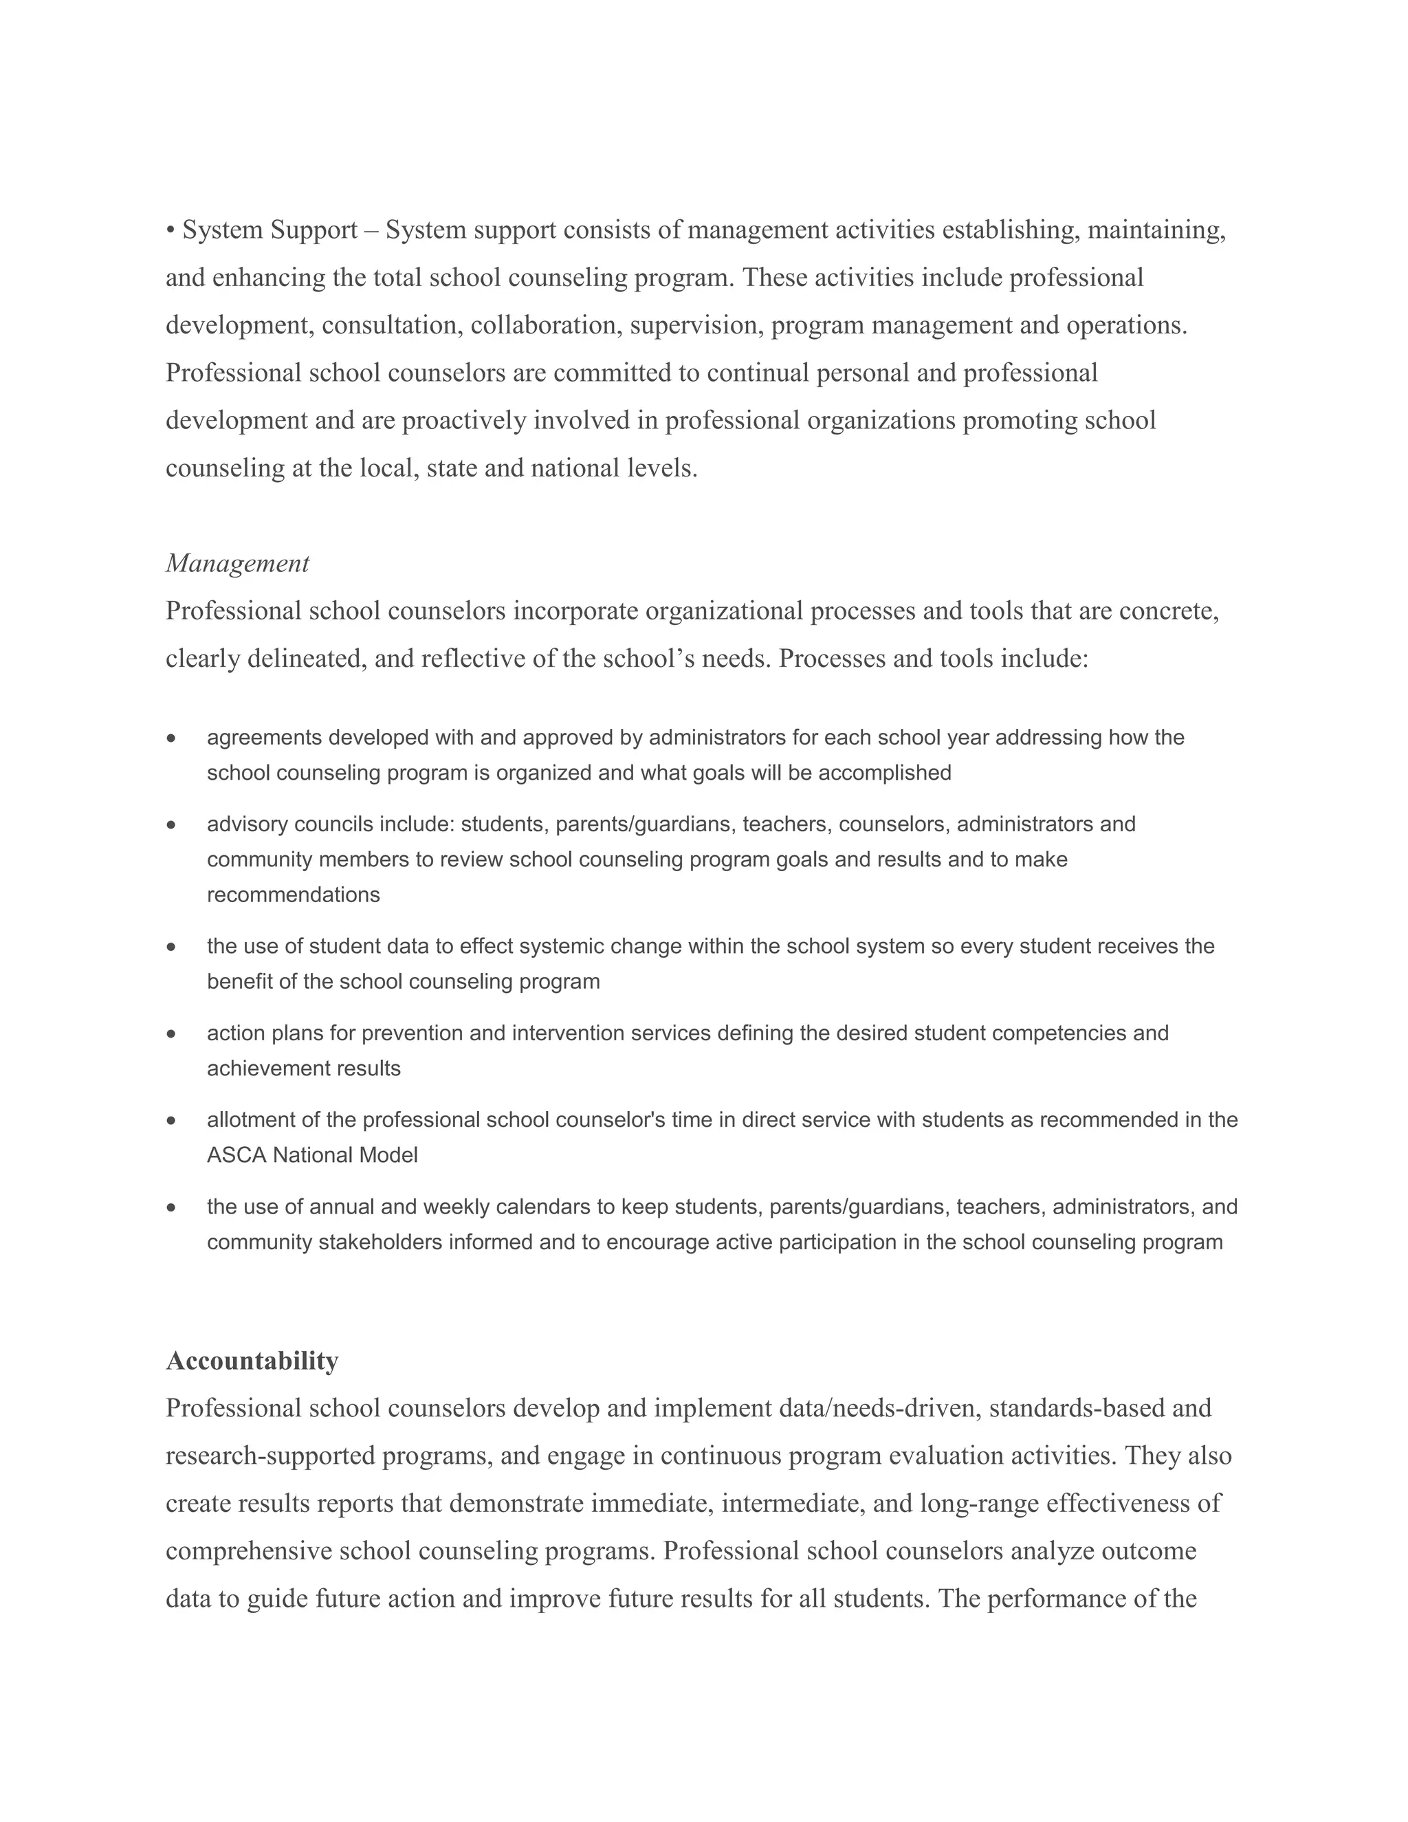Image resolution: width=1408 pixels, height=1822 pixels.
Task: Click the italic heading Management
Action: pos(237,563)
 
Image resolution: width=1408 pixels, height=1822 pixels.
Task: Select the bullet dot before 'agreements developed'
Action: pos(171,738)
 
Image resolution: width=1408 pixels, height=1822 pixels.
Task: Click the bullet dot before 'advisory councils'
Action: pos(171,825)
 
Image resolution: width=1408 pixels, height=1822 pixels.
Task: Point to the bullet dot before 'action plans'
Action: pos(171,1033)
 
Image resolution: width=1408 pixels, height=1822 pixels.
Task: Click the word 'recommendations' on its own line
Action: pos(293,895)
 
